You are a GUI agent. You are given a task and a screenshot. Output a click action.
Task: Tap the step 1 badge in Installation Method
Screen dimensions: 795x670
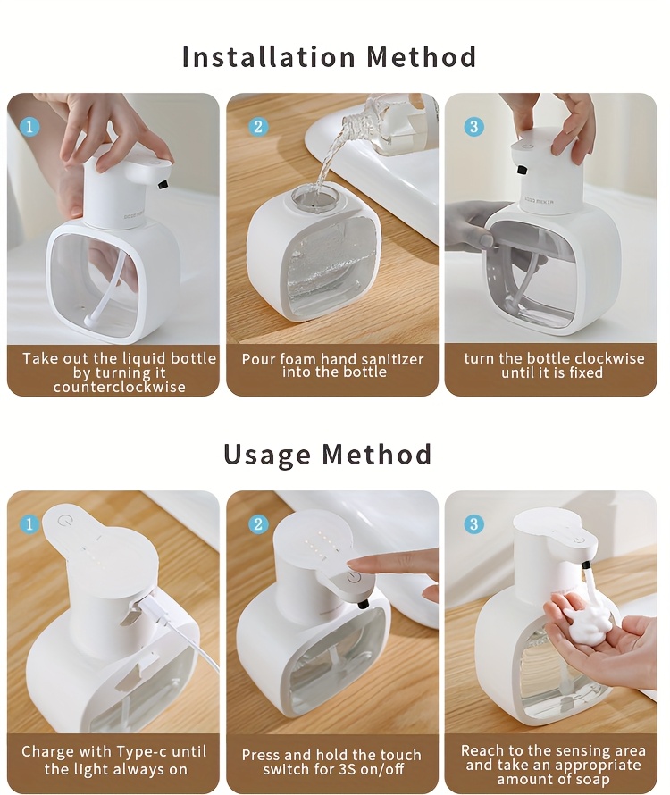click(29, 126)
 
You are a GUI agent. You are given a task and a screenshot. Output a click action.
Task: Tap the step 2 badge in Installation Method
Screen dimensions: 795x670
click(258, 126)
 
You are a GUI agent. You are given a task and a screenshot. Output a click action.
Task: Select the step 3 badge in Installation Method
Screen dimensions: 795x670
click(474, 126)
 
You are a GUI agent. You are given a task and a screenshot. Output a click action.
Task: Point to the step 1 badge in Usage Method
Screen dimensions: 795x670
click(29, 523)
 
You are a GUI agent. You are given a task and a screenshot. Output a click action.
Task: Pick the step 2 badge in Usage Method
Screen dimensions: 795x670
click(258, 523)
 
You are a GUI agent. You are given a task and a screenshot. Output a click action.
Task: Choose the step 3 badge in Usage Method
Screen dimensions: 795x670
click(474, 523)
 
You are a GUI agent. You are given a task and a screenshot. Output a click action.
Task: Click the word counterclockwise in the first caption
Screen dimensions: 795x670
click(119, 387)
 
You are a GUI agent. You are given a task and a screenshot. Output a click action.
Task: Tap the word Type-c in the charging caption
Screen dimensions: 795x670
click(149, 752)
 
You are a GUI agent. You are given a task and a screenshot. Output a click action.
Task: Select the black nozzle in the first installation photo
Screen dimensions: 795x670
click(163, 184)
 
